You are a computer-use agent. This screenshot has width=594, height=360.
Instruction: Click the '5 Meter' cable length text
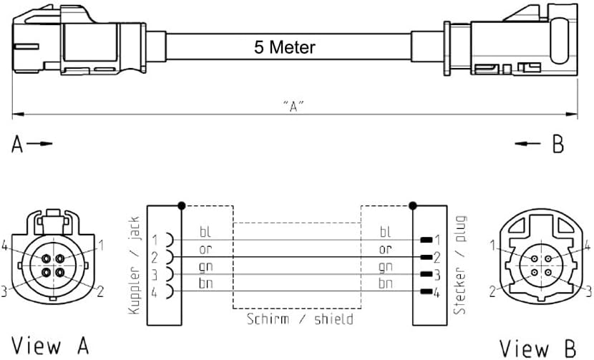tap(284, 48)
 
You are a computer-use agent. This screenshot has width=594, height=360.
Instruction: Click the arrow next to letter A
tap(43, 144)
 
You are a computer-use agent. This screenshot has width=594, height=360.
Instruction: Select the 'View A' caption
tap(50, 346)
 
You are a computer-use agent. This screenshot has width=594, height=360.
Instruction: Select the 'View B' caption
tap(538, 347)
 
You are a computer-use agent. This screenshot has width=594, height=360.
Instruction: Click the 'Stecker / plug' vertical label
tap(459, 266)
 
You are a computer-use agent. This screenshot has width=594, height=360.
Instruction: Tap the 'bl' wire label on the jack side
tap(205, 232)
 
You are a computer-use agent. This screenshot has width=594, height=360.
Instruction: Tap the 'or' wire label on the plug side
tap(386, 249)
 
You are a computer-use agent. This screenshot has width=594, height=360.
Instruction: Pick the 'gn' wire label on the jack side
tap(205, 266)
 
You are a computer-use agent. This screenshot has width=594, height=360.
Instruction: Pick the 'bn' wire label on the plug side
tap(386, 283)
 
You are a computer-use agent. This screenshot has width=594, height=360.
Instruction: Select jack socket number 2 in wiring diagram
tap(167, 257)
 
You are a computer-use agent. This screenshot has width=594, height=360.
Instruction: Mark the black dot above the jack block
tap(182, 206)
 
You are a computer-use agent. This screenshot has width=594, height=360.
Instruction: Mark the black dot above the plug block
tap(412, 206)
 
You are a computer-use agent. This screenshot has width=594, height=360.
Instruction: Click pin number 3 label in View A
tap(6, 291)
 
